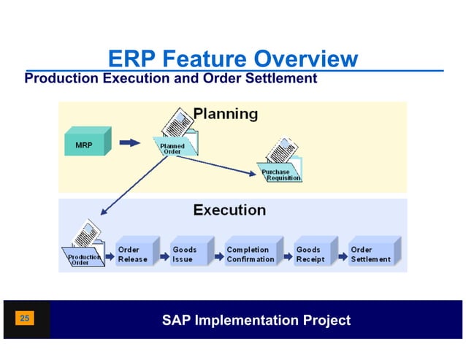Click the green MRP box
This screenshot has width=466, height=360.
87,143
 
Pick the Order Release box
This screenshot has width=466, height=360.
136,253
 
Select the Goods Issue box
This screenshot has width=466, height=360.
188,253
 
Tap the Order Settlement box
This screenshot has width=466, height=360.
373,253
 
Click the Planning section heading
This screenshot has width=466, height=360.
225,114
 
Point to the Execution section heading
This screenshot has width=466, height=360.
229,210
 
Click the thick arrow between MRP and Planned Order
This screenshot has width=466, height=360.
129,143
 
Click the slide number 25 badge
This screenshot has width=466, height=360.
25,319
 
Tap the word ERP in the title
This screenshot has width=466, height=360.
131,58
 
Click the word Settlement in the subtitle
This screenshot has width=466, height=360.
280,77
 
